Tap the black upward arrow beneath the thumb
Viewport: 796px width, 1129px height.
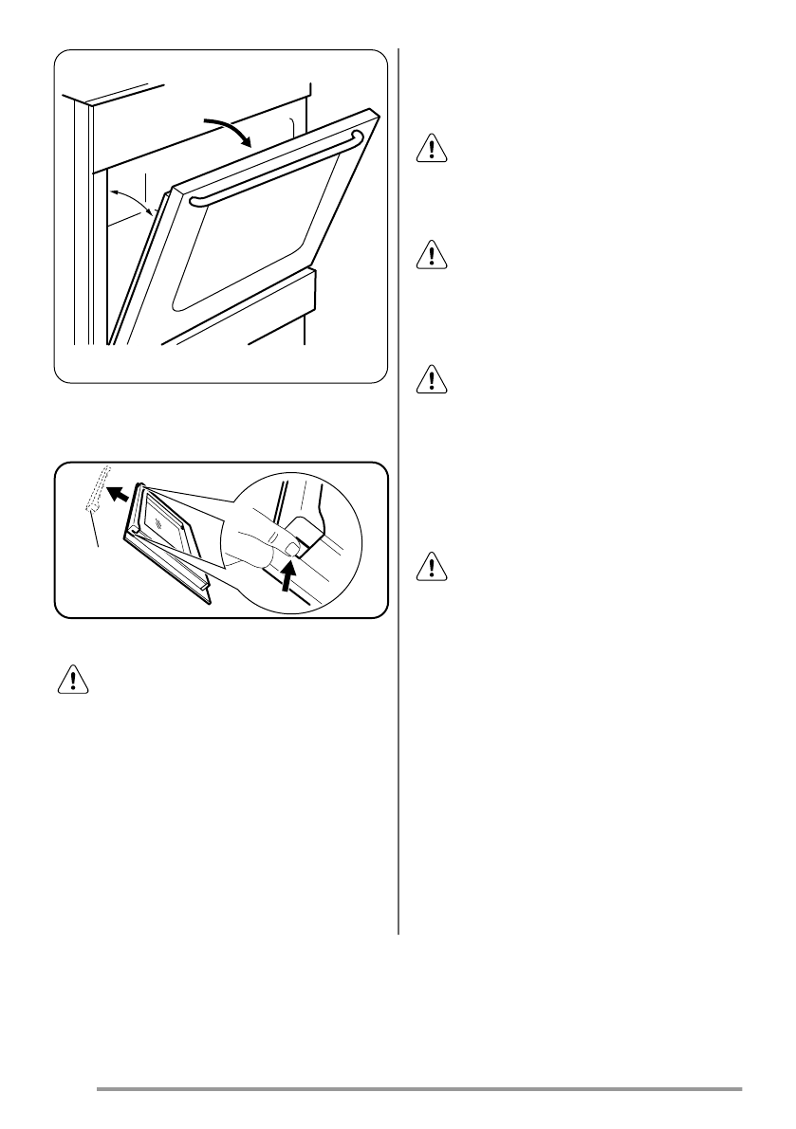click(286, 574)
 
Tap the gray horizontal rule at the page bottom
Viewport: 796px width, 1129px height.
click(418, 1089)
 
